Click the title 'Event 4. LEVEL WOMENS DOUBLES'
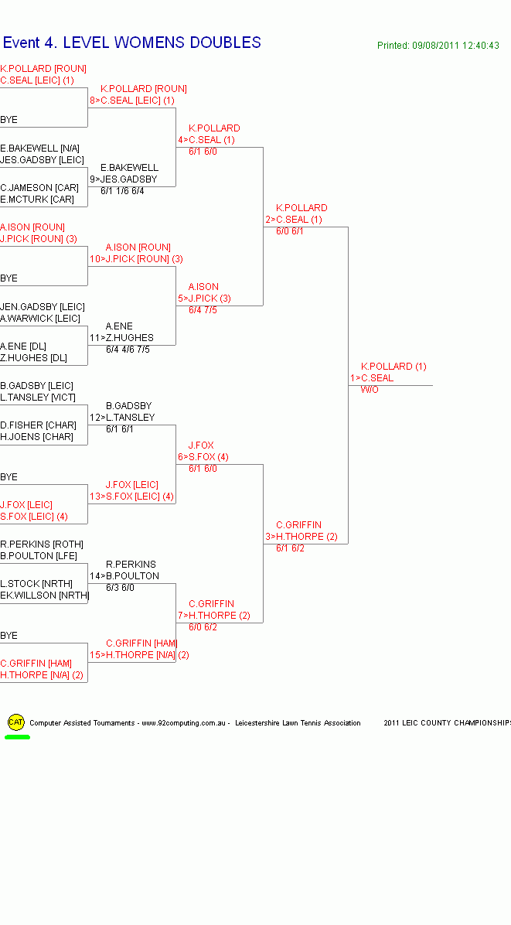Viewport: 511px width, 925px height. pyautogui.click(x=132, y=43)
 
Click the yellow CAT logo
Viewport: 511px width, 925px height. pyautogui.click(x=15, y=722)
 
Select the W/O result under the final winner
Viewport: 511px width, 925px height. pyautogui.click(x=370, y=390)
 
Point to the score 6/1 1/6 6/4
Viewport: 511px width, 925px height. pyautogui.click(x=122, y=191)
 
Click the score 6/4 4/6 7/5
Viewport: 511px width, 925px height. pyautogui.click(x=128, y=350)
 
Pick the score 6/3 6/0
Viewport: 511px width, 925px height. pyautogui.click(x=120, y=588)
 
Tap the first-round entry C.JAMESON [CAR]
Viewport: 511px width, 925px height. pyautogui.click(x=39, y=188)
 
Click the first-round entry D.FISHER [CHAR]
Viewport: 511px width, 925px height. pyautogui.click(x=38, y=425)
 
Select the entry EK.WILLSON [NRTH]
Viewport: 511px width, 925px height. pyautogui.click(x=45, y=596)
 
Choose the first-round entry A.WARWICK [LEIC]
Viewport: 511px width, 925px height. pyautogui.click(x=40, y=319)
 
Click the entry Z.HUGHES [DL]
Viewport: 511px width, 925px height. pyautogui.click(x=33, y=358)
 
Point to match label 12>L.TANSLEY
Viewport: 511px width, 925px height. pyautogui.click(x=122, y=418)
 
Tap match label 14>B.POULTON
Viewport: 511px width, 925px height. pyautogui.click(x=124, y=576)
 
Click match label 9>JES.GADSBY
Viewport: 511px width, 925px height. pyautogui.click(x=124, y=179)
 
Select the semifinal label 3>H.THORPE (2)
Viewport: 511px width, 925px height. pyautogui.click(x=301, y=537)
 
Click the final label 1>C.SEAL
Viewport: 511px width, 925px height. pyautogui.click(x=372, y=378)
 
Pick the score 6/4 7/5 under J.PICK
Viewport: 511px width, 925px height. pyautogui.click(x=203, y=310)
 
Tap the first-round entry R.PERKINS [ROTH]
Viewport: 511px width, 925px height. pyautogui.click(x=42, y=544)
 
